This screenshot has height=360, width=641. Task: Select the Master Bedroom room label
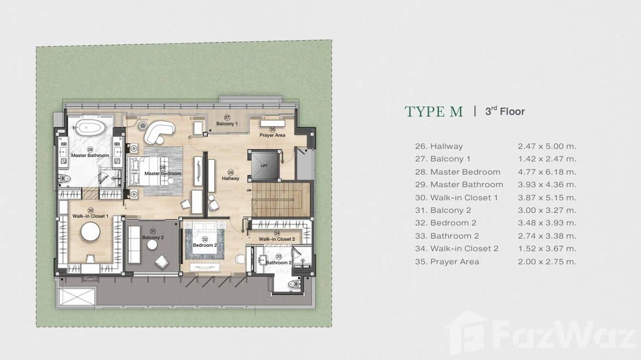(163, 173)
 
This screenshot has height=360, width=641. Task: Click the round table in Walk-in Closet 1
(90, 233)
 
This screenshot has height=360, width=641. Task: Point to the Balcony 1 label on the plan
(227, 124)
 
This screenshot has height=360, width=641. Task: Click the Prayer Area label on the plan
(272, 135)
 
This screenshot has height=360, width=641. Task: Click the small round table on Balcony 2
(152, 245)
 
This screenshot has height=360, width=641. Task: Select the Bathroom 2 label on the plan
(278, 263)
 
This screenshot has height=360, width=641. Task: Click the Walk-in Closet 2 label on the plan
(277, 239)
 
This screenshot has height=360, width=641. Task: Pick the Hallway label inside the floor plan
(230, 179)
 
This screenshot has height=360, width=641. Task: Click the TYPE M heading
(434, 112)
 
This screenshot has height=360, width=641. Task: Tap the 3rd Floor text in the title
(505, 112)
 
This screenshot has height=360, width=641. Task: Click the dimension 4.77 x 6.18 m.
(547, 172)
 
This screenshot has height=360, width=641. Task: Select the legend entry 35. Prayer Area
(447, 262)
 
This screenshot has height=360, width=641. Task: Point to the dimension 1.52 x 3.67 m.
(547, 249)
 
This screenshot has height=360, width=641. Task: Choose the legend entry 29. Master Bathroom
(459, 185)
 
